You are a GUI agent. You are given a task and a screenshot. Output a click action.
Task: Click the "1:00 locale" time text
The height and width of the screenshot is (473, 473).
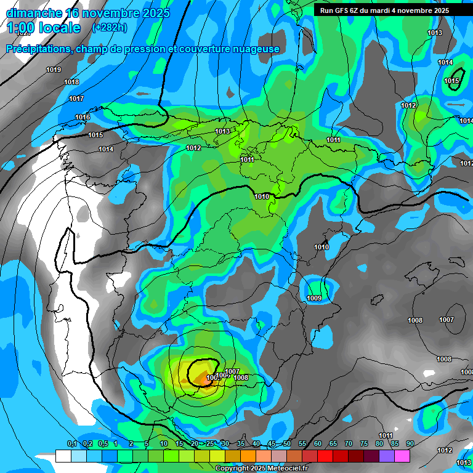click(43, 28)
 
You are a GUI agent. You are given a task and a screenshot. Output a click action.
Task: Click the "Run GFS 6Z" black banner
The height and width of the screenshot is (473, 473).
click(384, 10)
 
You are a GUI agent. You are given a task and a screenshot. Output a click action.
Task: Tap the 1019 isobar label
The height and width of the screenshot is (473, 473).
click(54, 70)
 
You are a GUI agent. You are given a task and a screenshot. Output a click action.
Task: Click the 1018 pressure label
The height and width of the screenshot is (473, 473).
click(71, 83)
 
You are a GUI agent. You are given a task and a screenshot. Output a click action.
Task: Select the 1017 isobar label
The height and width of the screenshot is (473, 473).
click(76, 99)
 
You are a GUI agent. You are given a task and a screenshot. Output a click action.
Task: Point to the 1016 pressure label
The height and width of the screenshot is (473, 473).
click(83, 118)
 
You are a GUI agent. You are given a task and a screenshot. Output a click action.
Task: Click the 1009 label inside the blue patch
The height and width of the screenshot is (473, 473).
click(314, 299)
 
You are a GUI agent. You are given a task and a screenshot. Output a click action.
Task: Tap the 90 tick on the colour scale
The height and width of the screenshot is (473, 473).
click(410, 444)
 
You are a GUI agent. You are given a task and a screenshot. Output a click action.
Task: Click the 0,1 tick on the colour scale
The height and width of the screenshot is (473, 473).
click(71, 444)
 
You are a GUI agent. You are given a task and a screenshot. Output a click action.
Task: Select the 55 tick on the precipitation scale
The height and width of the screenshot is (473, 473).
click(302, 444)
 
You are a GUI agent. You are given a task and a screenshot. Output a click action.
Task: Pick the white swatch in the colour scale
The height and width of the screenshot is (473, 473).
click(63, 456)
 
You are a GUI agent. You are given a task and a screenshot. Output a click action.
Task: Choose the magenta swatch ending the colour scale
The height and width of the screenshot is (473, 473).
click(402, 456)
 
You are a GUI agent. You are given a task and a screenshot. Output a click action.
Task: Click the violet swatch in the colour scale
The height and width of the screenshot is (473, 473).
click(386, 456)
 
